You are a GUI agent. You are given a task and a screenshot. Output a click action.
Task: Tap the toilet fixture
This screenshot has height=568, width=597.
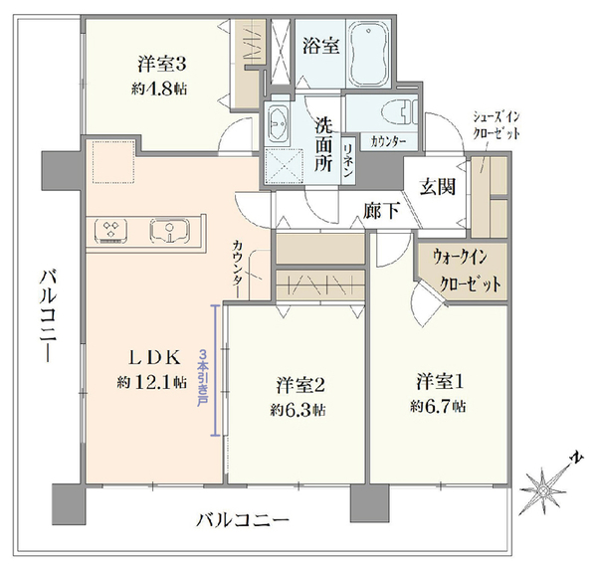[x=399, y=111]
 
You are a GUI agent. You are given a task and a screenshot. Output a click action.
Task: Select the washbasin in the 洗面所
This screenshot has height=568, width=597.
[x=278, y=122]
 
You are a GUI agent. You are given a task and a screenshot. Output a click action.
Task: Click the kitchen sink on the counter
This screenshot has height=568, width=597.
[x=170, y=231]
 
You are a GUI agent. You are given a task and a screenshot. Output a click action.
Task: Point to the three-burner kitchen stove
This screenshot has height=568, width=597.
[x=110, y=230]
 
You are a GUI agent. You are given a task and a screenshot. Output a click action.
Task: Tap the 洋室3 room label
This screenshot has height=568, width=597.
[x=162, y=65]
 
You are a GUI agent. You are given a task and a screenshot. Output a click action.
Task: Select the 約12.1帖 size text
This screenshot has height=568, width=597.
[x=152, y=382]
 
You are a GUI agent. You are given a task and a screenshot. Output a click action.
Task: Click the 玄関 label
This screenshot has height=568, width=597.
[x=438, y=187]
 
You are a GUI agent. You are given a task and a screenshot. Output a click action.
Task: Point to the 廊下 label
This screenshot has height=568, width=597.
[x=381, y=210]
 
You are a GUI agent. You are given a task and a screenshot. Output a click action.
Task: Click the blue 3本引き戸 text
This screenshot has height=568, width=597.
[x=203, y=378]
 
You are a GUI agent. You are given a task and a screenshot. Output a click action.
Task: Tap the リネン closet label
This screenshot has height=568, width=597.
[x=348, y=161]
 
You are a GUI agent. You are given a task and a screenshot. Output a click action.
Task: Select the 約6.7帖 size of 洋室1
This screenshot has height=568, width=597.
[x=438, y=407]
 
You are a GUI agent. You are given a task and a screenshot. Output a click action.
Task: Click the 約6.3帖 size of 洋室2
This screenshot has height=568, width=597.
[x=298, y=410]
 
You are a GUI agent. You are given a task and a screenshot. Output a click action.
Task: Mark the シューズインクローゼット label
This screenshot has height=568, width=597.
[x=497, y=125]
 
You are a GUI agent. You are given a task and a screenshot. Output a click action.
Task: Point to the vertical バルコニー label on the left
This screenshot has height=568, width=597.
[x=49, y=315]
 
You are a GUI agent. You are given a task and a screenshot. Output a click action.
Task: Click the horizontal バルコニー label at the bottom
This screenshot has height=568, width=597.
[x=243, y=519]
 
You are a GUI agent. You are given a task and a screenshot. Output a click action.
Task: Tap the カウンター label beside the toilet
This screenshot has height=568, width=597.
[x=388, y=141]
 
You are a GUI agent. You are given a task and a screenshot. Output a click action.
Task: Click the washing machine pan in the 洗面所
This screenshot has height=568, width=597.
[x=284, y=165]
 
